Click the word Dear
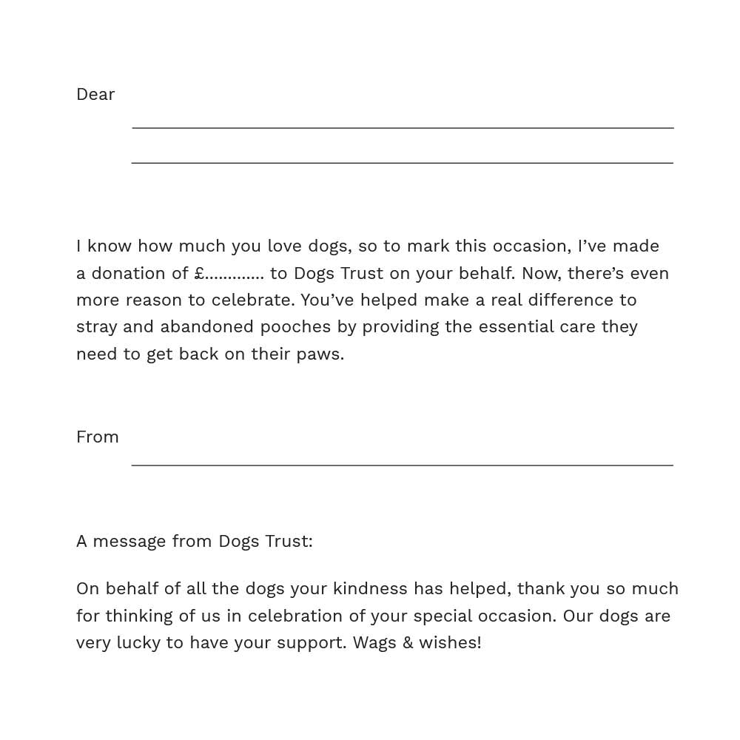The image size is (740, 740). [95, 95]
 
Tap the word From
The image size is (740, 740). [97, 437]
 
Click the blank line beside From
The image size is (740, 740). [402, 464]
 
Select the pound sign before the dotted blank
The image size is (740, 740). [199, 273]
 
